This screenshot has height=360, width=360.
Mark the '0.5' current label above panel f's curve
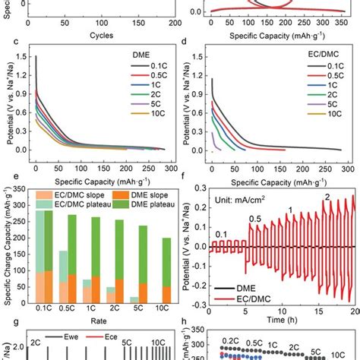point(258,219)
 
